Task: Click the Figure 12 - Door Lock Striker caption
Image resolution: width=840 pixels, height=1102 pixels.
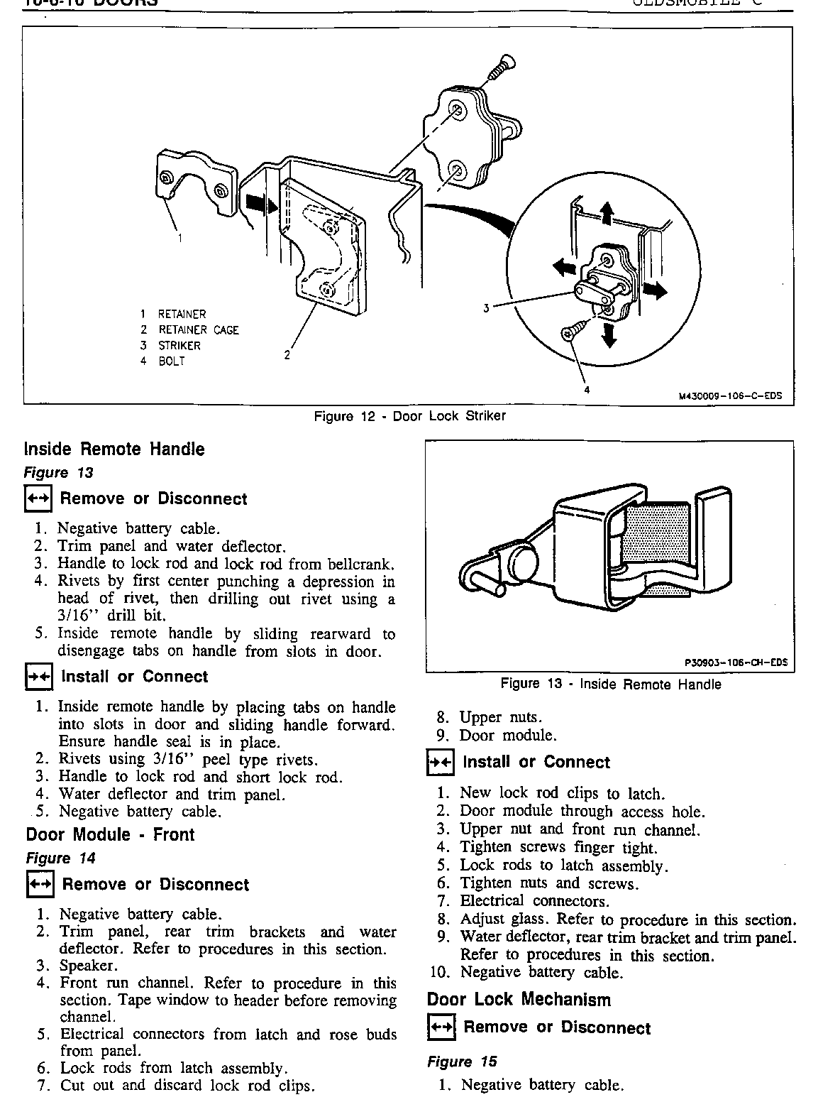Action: pyautogui.click(x=409, y=416)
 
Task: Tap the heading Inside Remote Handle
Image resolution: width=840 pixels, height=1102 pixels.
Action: pyautogui.click(x=114, y=449)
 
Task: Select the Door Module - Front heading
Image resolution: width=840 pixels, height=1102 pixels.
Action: pyautogui.click(x=110, y=834)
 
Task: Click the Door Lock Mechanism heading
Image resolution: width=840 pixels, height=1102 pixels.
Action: pyautogui.click(x=519, y=1000)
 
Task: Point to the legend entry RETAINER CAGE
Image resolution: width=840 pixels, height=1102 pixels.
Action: pyautogui.click(x=197, y=330)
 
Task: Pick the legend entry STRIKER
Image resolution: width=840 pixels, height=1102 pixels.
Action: pyautogui.click(x=179, y=346)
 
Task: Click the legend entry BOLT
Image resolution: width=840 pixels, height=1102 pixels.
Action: pyautogui.click(x=171, y=361)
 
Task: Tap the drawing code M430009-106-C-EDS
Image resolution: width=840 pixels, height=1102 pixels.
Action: pyautogui.click(x=730, y=396)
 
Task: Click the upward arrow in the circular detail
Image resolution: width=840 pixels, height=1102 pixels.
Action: pyautogui.click(x=606, y=212)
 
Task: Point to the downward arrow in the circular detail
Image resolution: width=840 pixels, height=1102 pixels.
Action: pyautogui.click(x=608, y=335)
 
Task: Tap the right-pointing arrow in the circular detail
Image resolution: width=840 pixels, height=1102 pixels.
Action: pyautogui.click(x=655, y=290)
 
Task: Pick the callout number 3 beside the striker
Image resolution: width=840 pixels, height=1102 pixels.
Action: pyautogui.click(x=487, y=308)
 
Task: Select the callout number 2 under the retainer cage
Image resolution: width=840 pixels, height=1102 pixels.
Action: pyautogui.click(x=287, y=355)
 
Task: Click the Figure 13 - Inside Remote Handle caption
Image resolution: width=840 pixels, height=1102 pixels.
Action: pyautogui.click(x=611, y=684)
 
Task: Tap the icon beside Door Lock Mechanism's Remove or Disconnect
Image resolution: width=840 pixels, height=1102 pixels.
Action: pyautogui.click(x=439, y=1027)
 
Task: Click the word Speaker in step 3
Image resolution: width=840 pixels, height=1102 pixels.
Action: pyautogui.click(x=88, y=966)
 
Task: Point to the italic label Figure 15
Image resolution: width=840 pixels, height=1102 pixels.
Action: pyautogui.click(x=462, y=1062)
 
